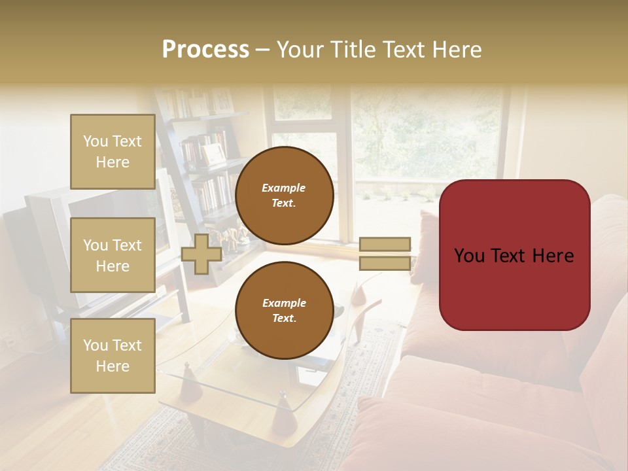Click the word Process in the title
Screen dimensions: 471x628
tap(205, 50)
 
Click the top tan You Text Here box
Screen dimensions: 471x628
tap(113, 152)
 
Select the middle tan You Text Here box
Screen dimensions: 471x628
tap(113, 255)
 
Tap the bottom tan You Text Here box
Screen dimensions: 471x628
tap(113, 356)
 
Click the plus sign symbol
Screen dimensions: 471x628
tap(201, 254)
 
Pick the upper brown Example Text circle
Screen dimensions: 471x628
tap(284, 196)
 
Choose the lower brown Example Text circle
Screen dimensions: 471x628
tap(284, 310)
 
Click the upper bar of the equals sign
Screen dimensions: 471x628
tap(385, 244)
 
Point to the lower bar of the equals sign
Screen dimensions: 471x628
tap(385, 264)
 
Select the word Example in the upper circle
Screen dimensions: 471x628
tap(284, 188)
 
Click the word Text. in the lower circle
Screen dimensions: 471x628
tap(284, 319)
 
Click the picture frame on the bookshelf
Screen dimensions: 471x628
tap(213, 154)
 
